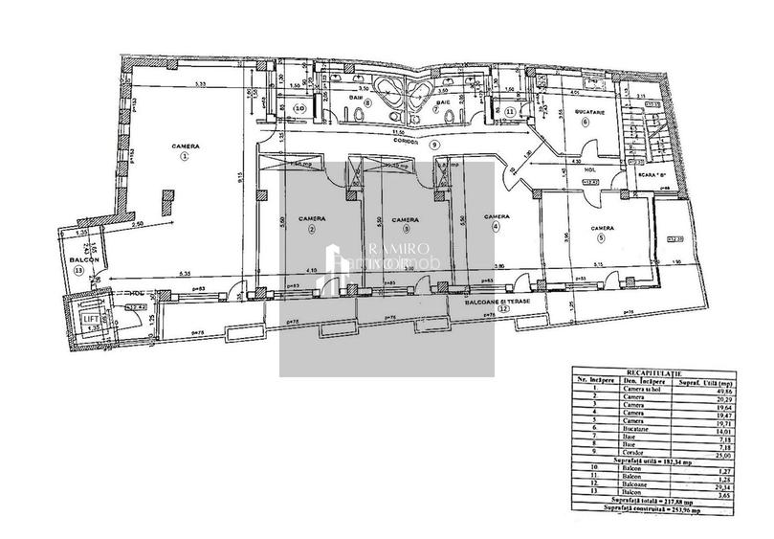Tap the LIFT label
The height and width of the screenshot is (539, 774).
coord(90,316)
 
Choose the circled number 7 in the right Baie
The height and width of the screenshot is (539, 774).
coord(435,108)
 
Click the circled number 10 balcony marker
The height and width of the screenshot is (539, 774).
coord(300,109)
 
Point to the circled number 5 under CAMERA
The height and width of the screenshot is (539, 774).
coord(601,237)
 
